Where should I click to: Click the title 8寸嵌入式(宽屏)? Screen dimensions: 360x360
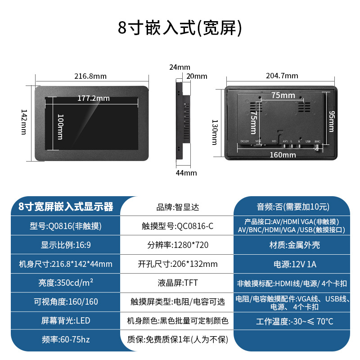pos(180,28)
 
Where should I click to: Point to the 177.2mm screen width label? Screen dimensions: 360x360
pos(93,98)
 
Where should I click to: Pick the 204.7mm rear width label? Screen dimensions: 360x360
pos(282,75)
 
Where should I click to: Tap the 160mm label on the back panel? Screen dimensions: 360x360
pos(283,154)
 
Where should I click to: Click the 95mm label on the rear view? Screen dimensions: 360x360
pos(331,121)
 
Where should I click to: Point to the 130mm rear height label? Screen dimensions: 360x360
pos(215,132)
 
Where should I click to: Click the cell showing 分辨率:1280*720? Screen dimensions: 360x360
pos(178,245)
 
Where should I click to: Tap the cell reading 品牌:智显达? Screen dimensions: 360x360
pos(178,207)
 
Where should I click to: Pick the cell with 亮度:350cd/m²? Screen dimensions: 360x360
pos(66,283)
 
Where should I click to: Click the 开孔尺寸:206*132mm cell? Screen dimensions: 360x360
pos(178,264)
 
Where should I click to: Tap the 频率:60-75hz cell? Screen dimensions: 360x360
pos(66,339)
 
